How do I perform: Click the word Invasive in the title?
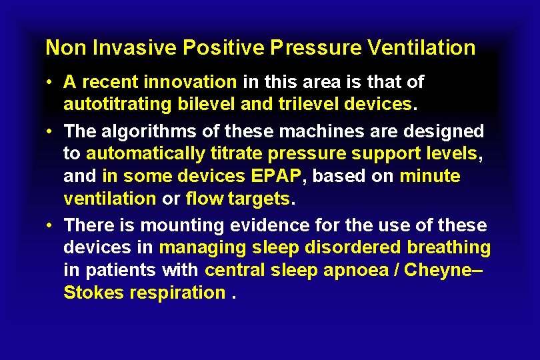point(122,48)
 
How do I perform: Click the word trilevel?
point(287,105)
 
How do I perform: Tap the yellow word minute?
point(429,176)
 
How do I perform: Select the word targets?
point(258,199)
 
